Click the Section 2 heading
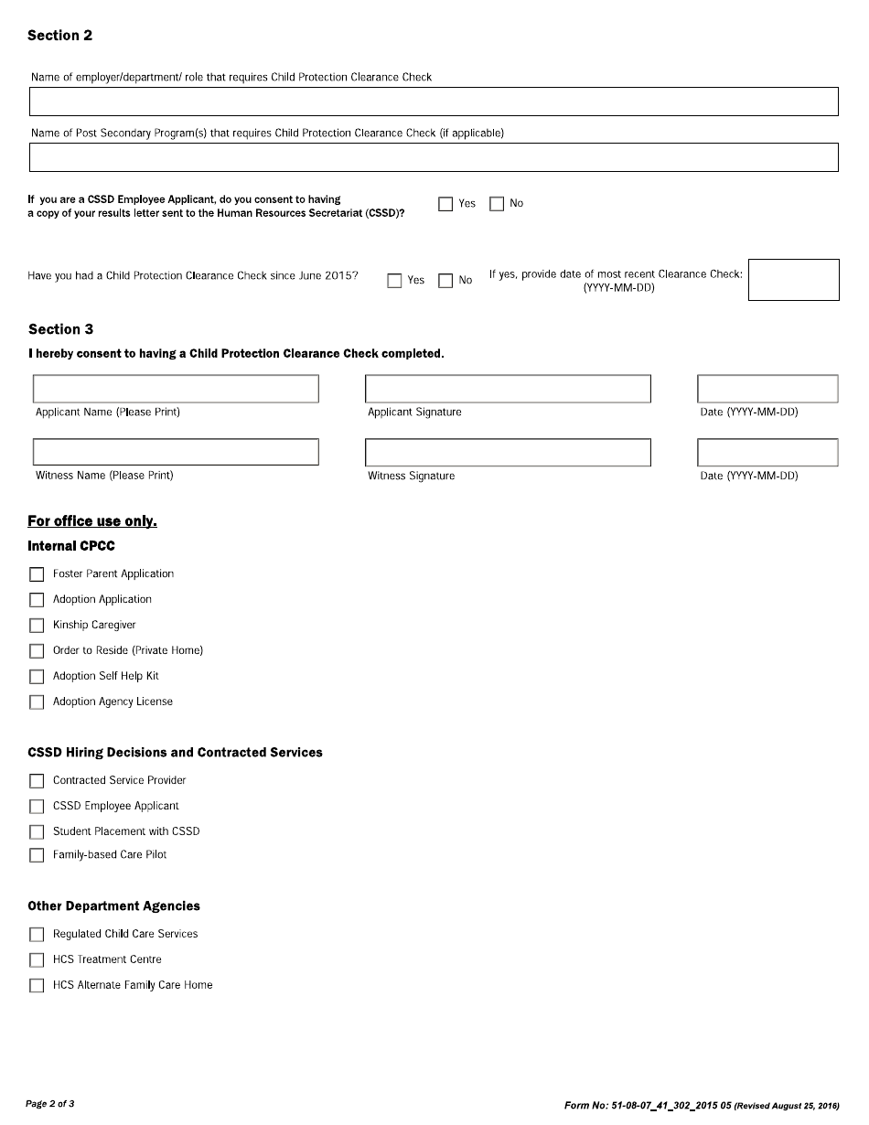point(59,36)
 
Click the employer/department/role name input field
point(434,102)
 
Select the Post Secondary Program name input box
point(434,157)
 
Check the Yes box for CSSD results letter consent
point(445,204)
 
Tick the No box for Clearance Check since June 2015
point(445,281)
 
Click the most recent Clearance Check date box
point(793,280)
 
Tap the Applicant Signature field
point(508,389)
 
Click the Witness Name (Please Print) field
point(176,452)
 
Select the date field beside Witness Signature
point(767,452)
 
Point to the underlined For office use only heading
point(92,521)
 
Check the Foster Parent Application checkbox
point(37,574)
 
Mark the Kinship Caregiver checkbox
point(37,626)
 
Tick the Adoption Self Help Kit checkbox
point(37,677)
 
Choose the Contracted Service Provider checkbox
point(37,781)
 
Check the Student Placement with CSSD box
point(37,832)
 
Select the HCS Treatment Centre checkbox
point(37,960)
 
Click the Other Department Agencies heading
point(113,906)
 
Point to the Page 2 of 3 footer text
point(50,1104)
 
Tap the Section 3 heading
point(60,329)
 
